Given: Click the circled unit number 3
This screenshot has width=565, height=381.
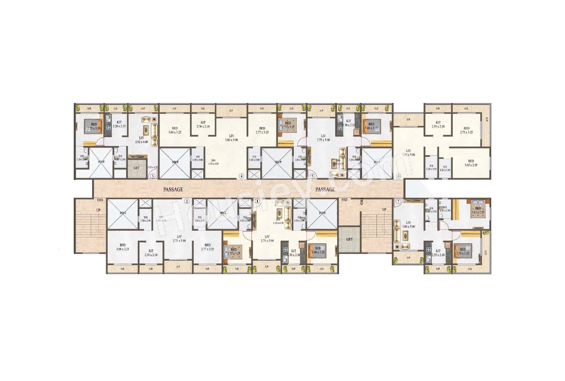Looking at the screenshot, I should pyautogui.click(x=153, y=176).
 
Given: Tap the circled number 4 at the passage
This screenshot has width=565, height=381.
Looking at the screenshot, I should pyautogui.click(x=242, y=176).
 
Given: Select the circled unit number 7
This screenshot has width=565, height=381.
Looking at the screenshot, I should pyautogui.click(x=398, y=201).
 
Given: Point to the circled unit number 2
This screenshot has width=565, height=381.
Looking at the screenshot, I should pyautogui.click(x=187, y=201).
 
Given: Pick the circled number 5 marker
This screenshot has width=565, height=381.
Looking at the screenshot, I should pyautogui.click(x=312, y=176).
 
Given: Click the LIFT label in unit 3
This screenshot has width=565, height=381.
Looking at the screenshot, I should pyautogui.click(x=136, y=168).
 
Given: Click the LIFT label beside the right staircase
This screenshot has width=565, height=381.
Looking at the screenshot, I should pyautogui.click(x=349, y=239).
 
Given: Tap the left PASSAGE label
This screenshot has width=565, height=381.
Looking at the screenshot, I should pyautogui.click(x=173, y=189).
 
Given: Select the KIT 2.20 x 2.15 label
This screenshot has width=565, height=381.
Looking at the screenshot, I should pyautogui.click(x=119, y=124).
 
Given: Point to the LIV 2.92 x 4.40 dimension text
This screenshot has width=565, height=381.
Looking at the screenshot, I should pyautogui.click(x=142, y=140).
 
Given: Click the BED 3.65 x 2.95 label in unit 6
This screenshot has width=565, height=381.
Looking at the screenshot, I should pyautogui.click(x=471, y=163).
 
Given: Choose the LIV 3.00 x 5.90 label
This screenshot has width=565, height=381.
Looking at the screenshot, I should pyautogui.click(x=231, y=138).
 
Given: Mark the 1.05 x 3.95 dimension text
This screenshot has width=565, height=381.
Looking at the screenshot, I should pyautogui.click(x=153, y=168).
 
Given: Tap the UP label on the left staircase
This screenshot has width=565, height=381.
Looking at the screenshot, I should pyautogui.click(x=98, y=210).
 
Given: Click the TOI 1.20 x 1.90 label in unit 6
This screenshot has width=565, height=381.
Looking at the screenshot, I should pyautogui.click(x=445, y=168).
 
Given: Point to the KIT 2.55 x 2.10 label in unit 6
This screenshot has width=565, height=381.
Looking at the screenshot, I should pyautogui.click(x=438, y=124).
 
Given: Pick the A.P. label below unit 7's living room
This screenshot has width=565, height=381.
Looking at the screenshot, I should pyautogui.click(x=408, y=258).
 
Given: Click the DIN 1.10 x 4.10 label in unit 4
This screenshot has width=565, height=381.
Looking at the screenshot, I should pyautogui.click(x=213, y=162).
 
